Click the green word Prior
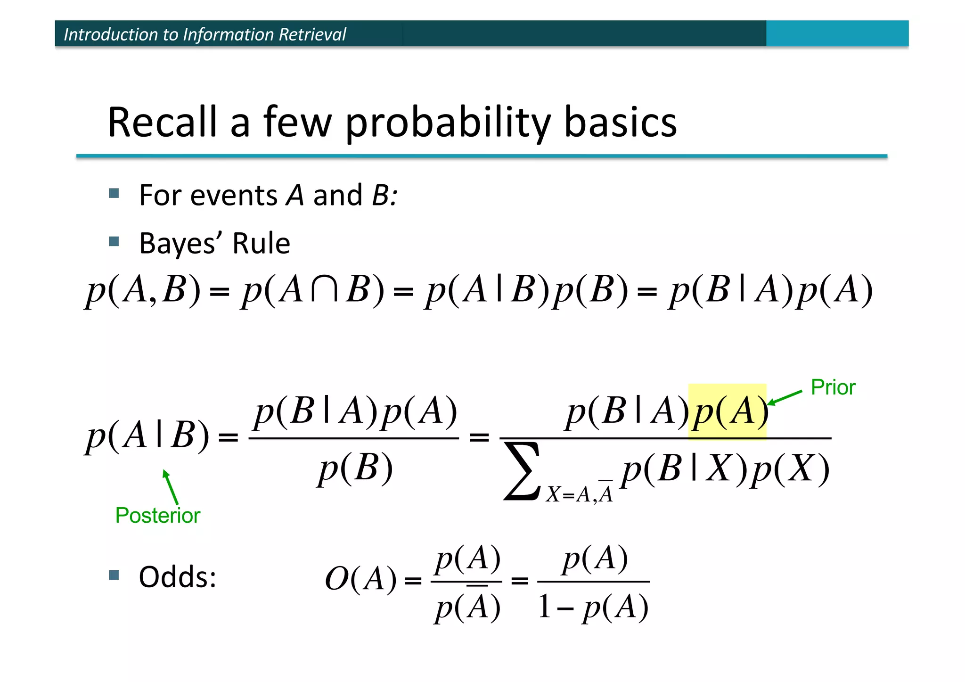tap(833, 387)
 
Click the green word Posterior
tap(157, 515)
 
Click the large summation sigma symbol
tap(522, 471)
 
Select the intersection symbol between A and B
tap(325, 290)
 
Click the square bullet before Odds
tap(114, 575)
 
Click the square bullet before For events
tap(114, 193)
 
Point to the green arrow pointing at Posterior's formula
tap(170, 487)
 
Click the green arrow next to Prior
tap(785, 398)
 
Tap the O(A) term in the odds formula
tap(360, 579)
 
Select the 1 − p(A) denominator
tap(593, 607)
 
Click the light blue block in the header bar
tap(837, 33)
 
